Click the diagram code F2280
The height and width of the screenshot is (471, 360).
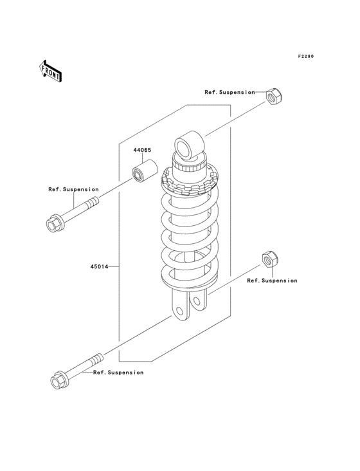305,57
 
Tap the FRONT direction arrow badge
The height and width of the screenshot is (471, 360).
51,71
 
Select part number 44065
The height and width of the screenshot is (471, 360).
142,150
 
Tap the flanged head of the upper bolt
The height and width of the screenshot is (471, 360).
55,225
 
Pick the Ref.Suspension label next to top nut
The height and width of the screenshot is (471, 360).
230,92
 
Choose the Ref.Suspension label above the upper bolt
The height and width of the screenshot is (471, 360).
73,189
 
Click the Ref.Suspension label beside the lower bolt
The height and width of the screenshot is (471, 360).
118,373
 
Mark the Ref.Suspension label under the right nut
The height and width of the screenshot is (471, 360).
272,281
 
